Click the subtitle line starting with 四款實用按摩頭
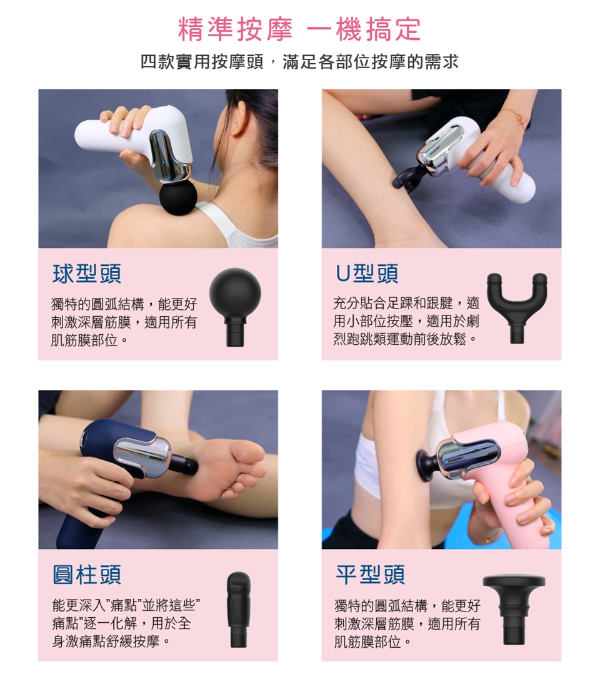point(299,62)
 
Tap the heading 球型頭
point(87,274)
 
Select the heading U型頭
point(367,274)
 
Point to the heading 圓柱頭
point(87,575)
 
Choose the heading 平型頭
point(370,575)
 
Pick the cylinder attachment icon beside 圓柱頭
point(238,610)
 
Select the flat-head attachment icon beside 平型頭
point(514,610)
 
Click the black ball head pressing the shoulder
point(177,199)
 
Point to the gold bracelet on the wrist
point(516,117)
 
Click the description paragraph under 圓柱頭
point(126,623)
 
